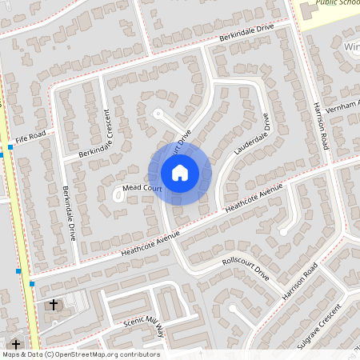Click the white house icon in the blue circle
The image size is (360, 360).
click(x=180, y=172)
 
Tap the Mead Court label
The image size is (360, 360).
click(x=142, y=189)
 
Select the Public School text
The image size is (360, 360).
click(x=338, y=3)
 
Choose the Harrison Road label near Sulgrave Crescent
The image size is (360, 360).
click(x=301, y=281)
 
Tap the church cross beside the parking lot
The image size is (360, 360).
click(x=54, y=305)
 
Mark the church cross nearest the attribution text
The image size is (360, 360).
click(x=16, y=344)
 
